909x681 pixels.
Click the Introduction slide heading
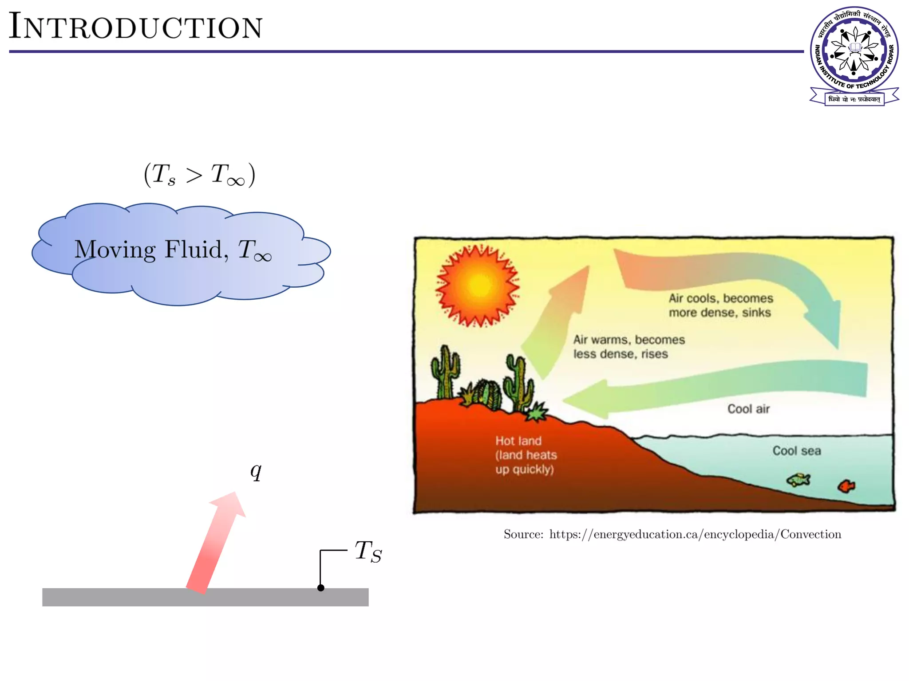click(136, 27)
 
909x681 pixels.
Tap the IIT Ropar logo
click(854, 55)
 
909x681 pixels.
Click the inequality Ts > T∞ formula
click(199, 175)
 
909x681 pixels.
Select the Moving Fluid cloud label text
click(173, 250)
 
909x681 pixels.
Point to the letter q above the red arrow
click(256, 471)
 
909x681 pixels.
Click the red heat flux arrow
click(216, 543)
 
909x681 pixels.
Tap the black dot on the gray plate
click(320, 588)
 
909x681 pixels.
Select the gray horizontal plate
click(133, 597)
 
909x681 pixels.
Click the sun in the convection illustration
click(478, 285)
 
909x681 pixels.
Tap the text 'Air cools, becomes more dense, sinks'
click(720, 305)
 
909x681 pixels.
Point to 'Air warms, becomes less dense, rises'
click(628, 347)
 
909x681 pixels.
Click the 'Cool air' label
click(748, 409)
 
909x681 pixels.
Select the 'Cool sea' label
click(796, 451)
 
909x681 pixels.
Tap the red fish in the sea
click(846, 486)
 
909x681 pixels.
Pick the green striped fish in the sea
click(798, 480)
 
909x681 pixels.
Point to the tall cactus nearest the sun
click(445, 372)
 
